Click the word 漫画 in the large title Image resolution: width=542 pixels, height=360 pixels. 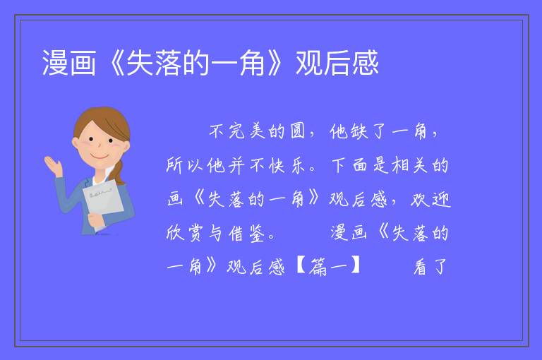click(x=68, y=63)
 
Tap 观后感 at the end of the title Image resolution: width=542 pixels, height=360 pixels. click(x=337, y=63)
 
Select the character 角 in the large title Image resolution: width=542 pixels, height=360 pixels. click(x=253, y=63)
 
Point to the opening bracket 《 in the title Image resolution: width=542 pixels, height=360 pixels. click(x=112, y=63)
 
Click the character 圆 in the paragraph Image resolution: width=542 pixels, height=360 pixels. click(x=298, y=131)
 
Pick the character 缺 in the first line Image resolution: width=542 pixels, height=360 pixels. click(x=359, y=131)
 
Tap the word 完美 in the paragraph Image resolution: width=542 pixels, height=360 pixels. click(x=246, y=131)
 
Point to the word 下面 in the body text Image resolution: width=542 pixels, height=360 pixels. click(x=349, y=165)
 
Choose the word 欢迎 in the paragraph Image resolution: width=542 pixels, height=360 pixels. click(x=430, y=199)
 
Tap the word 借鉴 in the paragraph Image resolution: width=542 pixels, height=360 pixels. click(x=247, y=234)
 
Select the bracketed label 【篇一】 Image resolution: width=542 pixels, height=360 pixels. click(x=328, y=267)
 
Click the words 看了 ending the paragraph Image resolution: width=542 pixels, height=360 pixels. click(x=430, y=267)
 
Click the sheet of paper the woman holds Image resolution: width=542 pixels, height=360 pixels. click(x=103, y=200)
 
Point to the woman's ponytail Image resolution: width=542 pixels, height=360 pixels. click(x=119, y=172)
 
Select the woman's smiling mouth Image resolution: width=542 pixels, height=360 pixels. click(x=100, y=156)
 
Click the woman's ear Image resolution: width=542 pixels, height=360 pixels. click(x=76, y=143)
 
